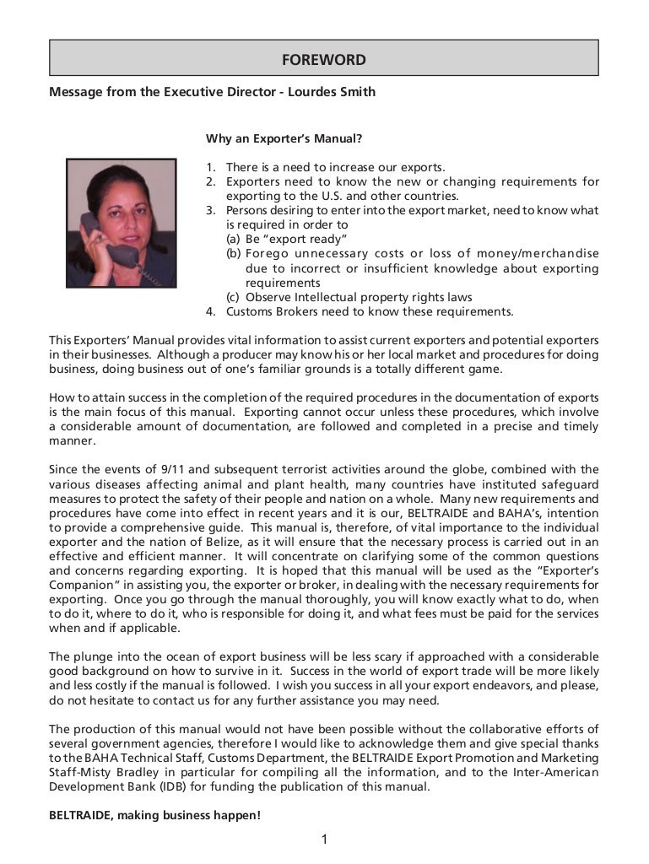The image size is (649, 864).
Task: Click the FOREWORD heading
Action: click(324, 60)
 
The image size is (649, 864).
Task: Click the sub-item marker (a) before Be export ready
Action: click(232, 240)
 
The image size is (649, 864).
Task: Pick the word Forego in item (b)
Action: click(268, 254)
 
